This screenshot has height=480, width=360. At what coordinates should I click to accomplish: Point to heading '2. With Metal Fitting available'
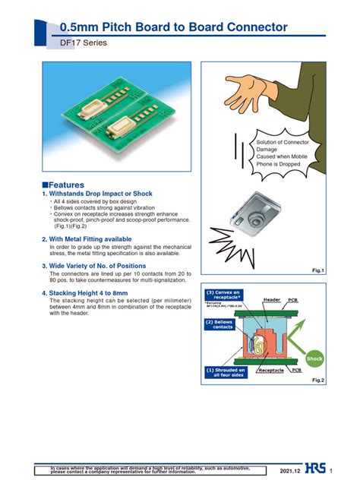click(91, 238)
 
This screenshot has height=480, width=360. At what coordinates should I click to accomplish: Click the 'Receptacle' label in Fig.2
click(271, 371)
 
